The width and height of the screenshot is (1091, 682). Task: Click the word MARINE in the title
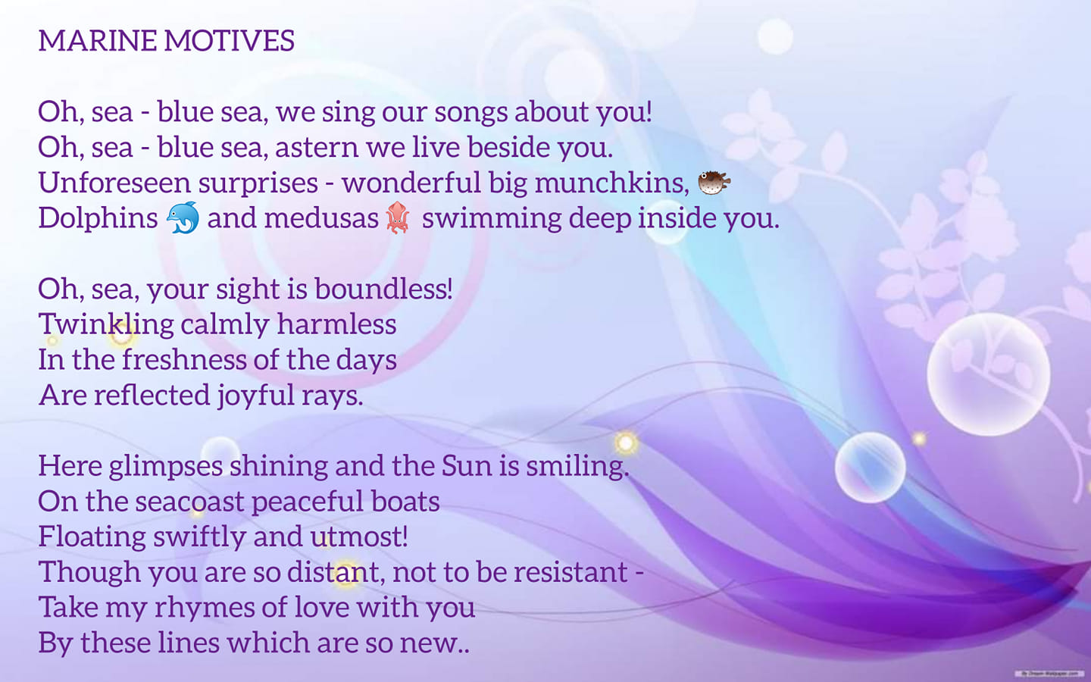point(98,40)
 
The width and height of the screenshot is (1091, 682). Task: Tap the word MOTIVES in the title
point(230,40)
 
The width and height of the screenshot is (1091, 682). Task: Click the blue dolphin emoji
point(183,217)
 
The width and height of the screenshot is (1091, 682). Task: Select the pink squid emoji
point(398,217)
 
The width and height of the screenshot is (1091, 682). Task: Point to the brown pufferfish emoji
point(714,183)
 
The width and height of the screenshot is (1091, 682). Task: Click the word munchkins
point(611,183)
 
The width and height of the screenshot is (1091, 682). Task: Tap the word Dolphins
point(98,217)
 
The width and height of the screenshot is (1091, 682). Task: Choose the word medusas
point(321,217)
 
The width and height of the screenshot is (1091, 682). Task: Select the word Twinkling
point(106,325)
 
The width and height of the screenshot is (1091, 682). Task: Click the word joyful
point(256,396)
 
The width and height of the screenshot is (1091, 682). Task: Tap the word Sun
point(467,466)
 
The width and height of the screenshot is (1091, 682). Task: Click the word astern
point(317,148)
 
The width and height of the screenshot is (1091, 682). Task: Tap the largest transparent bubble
point(988,374)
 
